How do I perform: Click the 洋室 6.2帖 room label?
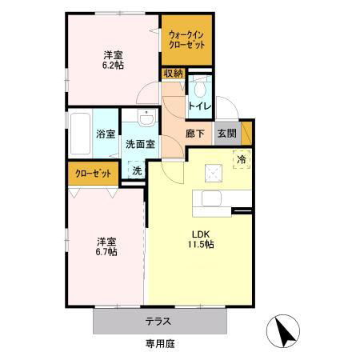pyautogui.click(x=112, y=61)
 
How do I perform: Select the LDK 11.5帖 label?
pyautogui.click(x=201, y=239)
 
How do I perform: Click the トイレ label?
pyautogui.click(x=198, y=106)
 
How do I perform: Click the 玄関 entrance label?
pyautogui.click(x=226, y=134)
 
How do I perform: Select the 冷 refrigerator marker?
pyautogui.click(x=240, y=158)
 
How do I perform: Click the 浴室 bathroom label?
pyautogui.click(x=106, y=134)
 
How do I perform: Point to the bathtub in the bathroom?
pyautogui.click(x=81, y=133)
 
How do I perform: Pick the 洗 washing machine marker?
pyautogui.click(x=137, y=170)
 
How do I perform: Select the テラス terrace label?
pyautogui.click(x=157, y=322)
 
